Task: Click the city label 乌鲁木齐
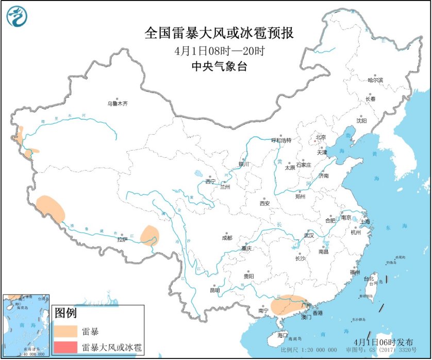point(117,104)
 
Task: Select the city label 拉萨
point(122,239)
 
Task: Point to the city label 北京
point(321,137)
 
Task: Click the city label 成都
point(226,238)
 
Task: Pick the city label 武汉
point(308,235)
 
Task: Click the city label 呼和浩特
point(281,140)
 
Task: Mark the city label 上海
point(364,221)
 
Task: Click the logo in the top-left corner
point(16,17)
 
